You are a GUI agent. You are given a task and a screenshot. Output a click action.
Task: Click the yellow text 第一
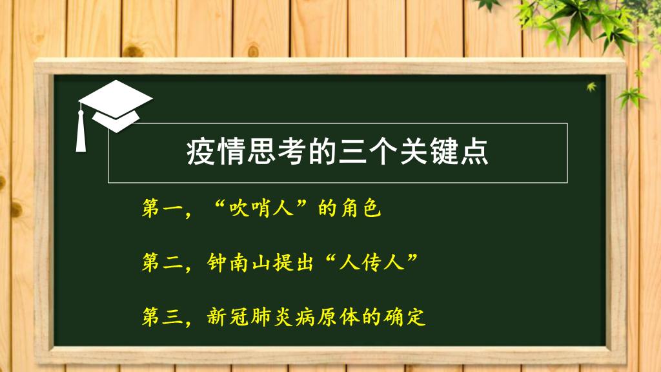[x=161, y=208]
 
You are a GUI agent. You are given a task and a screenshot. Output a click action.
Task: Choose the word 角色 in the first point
[x=360, y=208]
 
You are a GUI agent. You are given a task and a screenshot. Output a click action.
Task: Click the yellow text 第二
[x=161, y=262]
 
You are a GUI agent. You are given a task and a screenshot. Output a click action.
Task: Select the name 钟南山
[x=239, y=262]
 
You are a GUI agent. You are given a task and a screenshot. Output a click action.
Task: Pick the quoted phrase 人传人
[x=371, y=262]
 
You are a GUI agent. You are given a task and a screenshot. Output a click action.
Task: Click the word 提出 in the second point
[x=293, y=262]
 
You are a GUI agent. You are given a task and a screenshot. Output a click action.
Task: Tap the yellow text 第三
[x=161, y=316]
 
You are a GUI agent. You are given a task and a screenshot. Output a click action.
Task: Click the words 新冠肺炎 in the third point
[x=250, y=316]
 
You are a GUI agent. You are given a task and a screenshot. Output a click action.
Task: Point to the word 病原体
[x=327, y=316]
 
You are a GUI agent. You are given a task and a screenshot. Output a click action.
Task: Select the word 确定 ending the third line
[x=404, y=316]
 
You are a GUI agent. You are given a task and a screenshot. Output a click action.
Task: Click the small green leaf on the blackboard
[x=591, y=87]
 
